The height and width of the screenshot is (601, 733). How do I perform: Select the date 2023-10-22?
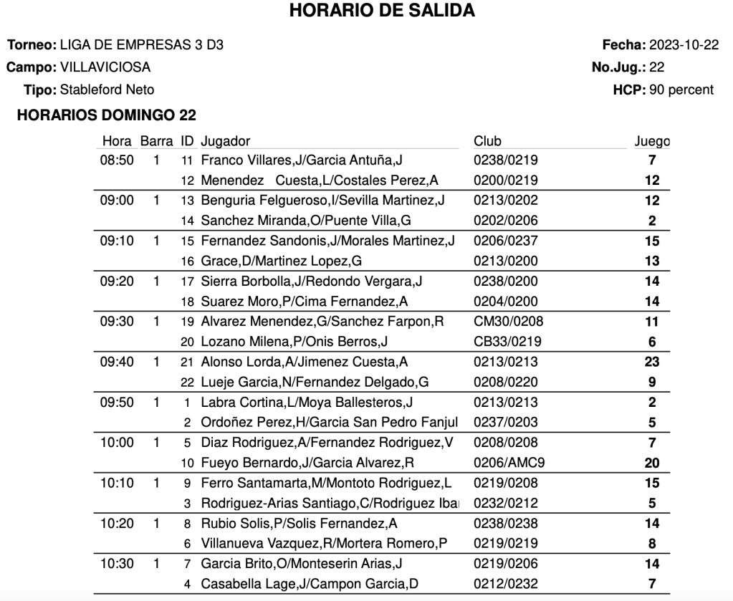684,45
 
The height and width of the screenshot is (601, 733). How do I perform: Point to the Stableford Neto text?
107,90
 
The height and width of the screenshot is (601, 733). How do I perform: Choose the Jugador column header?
226,141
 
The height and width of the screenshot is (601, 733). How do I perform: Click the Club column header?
487,141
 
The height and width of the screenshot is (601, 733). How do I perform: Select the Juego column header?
652,141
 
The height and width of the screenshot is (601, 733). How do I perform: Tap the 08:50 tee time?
117,160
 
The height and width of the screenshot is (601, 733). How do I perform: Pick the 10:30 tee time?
117,564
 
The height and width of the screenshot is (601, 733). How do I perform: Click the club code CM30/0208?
506,322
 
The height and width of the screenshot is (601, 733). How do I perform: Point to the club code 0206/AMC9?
506,463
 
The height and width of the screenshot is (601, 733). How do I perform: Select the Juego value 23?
652,362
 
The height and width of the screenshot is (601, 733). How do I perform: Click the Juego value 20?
652,463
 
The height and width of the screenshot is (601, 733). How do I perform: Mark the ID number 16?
188,261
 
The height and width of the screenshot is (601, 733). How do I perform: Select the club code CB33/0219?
506,342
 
